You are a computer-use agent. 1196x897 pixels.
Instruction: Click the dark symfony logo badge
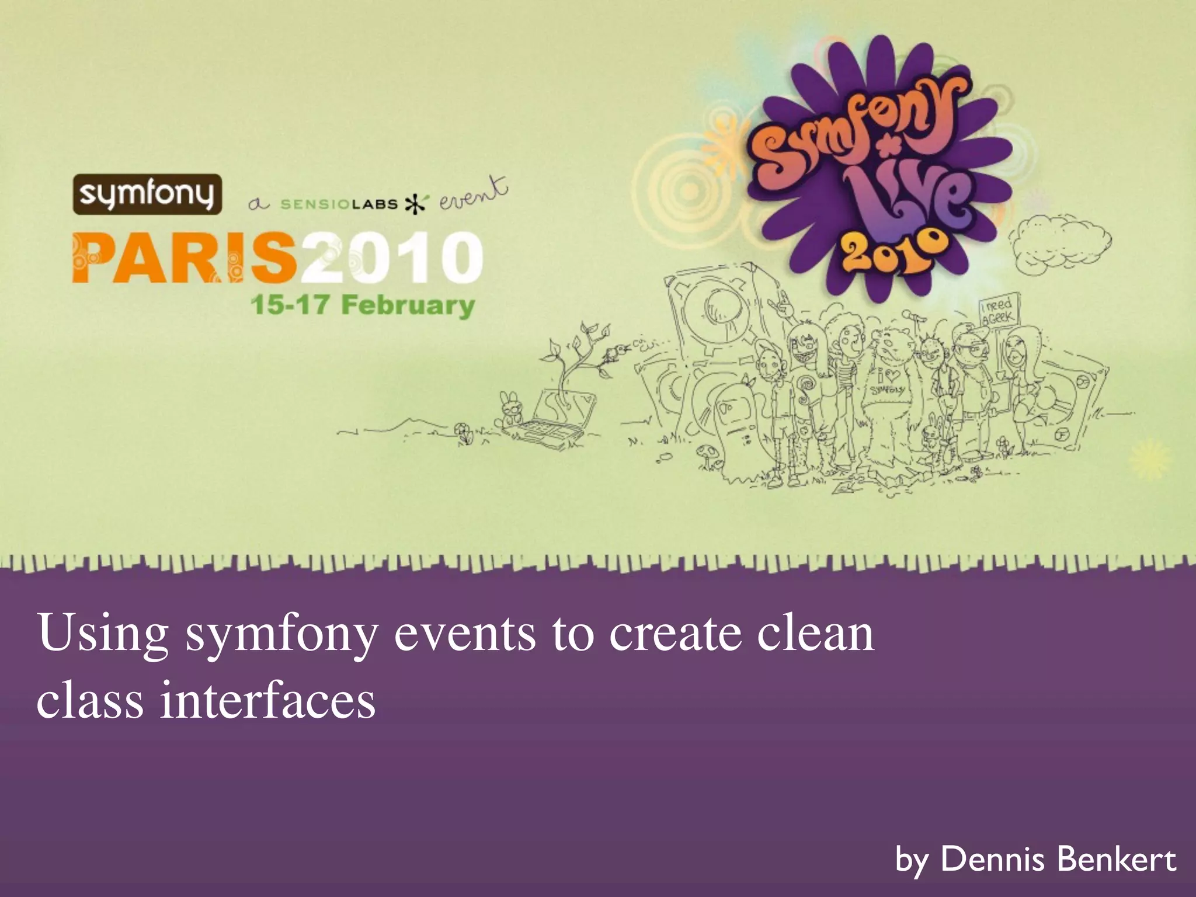tap(147, 194)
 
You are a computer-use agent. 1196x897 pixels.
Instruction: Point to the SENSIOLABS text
tap(339, 204)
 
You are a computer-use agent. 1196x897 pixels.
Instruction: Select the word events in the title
tap(465, 634)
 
